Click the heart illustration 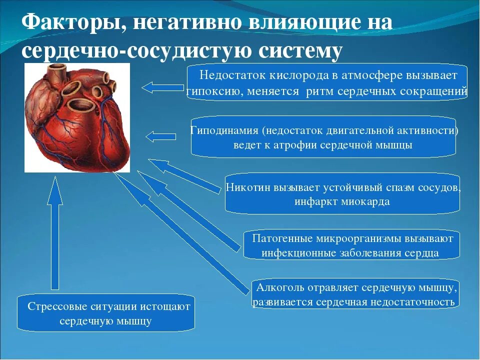tap(77, 117)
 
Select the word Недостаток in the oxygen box tap(227, 75)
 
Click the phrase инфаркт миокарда tap(342, 202)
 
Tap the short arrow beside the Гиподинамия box tap(161, 136)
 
